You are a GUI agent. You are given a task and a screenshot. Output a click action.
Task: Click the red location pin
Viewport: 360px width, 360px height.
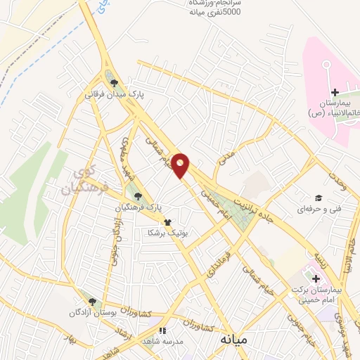181,165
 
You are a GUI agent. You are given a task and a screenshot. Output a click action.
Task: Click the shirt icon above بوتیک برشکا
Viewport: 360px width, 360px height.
167,222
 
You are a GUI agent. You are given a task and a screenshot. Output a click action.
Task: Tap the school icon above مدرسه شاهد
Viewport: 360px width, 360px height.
162,330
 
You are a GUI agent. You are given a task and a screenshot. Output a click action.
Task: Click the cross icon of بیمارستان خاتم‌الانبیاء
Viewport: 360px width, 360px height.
335,93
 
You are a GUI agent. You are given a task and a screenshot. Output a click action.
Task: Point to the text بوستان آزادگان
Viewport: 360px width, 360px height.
94,312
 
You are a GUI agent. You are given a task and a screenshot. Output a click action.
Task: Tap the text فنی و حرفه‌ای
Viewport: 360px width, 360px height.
318,209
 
